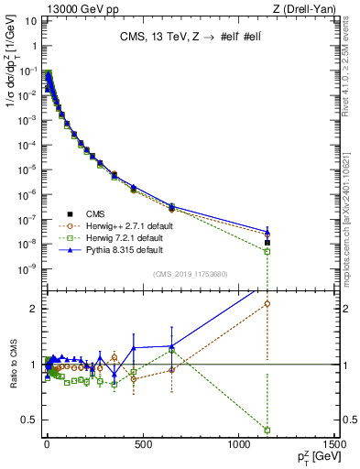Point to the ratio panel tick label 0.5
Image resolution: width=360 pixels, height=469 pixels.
pyautogui.click(x=30, y=420)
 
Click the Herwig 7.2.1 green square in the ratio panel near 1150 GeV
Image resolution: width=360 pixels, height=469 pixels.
pyautogui.click(x=267, y=430)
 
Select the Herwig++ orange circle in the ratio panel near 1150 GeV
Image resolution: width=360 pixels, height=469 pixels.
pyautogui.click(x=267, y=304)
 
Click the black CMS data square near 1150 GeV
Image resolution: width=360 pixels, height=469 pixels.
pyautogui.click(x=267, y=243)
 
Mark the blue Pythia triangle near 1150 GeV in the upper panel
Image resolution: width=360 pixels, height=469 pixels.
pyautogui.click(x=267, y=233)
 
